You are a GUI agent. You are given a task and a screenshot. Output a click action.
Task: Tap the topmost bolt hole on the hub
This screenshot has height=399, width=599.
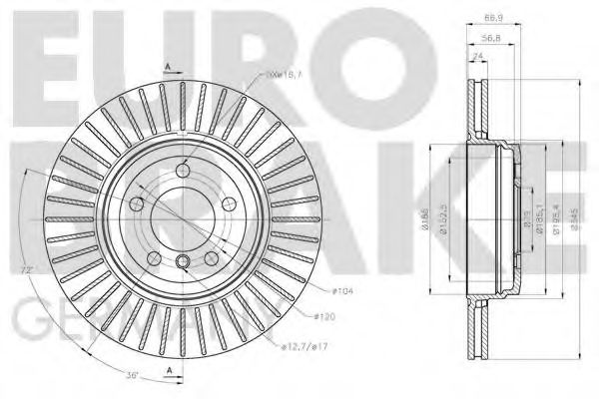point(184,170)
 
